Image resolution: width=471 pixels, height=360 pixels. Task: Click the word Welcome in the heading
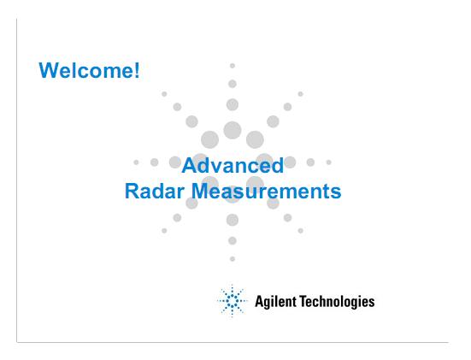pos(85,70)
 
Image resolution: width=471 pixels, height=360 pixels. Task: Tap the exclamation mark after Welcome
pos(137,70)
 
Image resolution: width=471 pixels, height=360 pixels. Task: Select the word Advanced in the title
pos(233,165)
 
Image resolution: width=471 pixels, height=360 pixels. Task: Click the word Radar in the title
pos(155,192)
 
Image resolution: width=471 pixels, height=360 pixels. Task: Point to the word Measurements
pos(267,192)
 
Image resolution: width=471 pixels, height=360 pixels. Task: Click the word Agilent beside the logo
pos(275,302)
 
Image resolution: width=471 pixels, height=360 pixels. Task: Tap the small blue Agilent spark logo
pos(232,300)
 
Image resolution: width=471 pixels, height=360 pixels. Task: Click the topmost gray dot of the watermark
pos(233,66)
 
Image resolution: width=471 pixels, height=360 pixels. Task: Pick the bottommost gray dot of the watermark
pos(233,259)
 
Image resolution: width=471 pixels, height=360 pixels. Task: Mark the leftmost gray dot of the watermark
pos(136,162)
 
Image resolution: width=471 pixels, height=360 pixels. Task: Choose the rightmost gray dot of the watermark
pos(329,162)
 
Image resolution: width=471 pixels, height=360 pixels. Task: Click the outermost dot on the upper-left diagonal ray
pos(164,94)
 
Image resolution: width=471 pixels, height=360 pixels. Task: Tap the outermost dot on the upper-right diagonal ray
pos(300,94)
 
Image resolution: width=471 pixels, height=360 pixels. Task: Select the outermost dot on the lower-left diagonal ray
pos(164,231)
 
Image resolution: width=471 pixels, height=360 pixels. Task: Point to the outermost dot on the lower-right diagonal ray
pos(300,231)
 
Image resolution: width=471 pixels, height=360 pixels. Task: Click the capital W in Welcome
pos(48,70)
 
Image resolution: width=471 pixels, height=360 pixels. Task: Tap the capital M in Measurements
pos(200,192)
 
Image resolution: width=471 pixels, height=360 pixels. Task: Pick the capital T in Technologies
pos(303,301)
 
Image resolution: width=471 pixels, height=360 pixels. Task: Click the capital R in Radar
pos(132,192)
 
